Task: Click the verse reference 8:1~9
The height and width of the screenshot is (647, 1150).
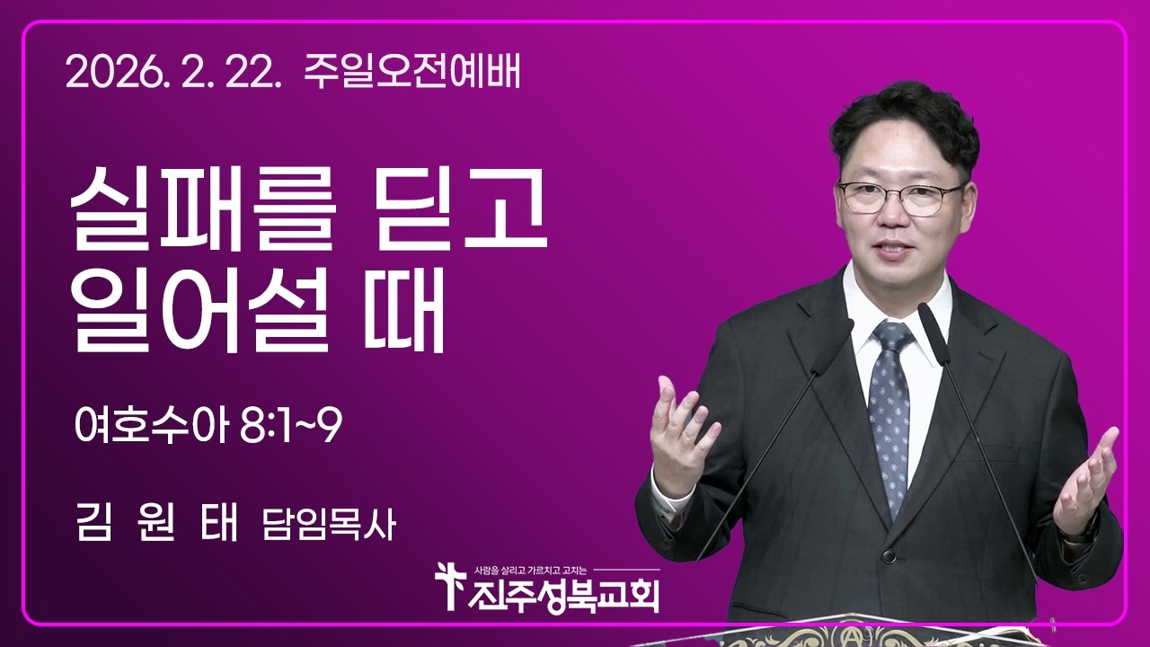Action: tap(291, 427)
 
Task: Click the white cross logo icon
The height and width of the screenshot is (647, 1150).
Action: tap(447, 585)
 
